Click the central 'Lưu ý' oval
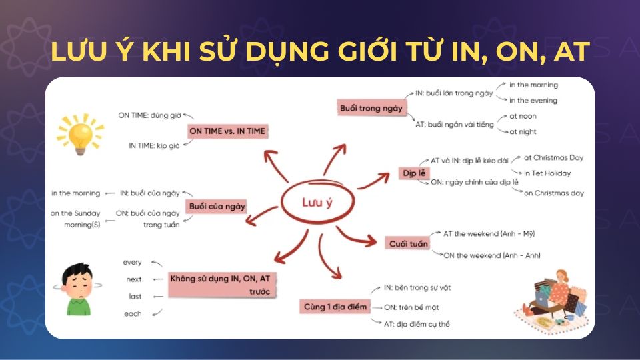point(317,203)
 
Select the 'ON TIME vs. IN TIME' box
point(227,131)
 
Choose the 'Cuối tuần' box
point(408,244)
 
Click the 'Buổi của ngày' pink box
point(217,206)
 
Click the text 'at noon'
point(523,116)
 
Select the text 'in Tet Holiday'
point(547,173)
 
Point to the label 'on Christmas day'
point(553,193)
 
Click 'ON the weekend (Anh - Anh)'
point(492,255)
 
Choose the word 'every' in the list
point(132,263)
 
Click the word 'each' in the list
point(133,313)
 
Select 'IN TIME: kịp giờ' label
point(155,145)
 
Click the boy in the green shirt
point(79,287)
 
